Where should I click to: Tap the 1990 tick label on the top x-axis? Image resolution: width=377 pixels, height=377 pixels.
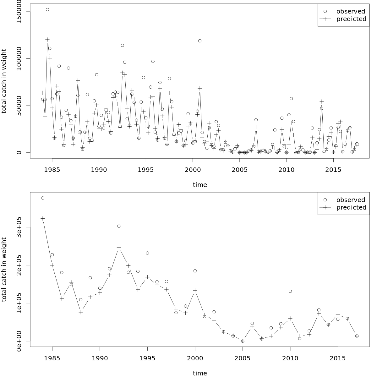click(99, 170)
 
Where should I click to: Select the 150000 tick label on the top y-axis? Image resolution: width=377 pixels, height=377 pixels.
click(19, 12)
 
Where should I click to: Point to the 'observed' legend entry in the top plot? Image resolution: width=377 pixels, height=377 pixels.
click(351, 11)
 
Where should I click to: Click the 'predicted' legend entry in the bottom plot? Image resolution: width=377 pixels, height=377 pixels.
click(351, 207)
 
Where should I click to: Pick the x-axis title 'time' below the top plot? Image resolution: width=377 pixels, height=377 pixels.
click(200, 185)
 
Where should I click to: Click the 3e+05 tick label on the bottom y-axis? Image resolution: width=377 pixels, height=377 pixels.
click(19, 227)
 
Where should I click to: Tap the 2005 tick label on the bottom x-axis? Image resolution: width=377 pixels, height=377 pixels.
click(243, 358)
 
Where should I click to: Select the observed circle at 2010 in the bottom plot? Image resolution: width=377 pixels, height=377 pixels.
click(290, 291)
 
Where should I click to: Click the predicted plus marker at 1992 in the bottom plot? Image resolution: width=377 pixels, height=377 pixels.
click(119, 248)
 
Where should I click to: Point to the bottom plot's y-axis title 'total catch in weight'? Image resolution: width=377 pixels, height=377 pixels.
click(4, 270)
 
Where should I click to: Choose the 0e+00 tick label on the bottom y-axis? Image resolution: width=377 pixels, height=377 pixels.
click(19, 341)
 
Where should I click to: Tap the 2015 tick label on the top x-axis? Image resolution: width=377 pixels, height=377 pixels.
click(333, 170)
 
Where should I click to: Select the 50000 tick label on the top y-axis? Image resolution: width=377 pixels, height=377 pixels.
click(19, 106)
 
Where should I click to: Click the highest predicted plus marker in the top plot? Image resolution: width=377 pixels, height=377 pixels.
click(47, 40)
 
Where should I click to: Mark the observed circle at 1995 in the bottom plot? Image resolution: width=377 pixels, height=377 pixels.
click(147, 253)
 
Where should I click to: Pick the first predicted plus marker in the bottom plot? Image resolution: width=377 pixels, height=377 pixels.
click(43, 219)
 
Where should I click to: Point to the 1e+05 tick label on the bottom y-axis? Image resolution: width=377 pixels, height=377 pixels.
click(19, 303)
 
